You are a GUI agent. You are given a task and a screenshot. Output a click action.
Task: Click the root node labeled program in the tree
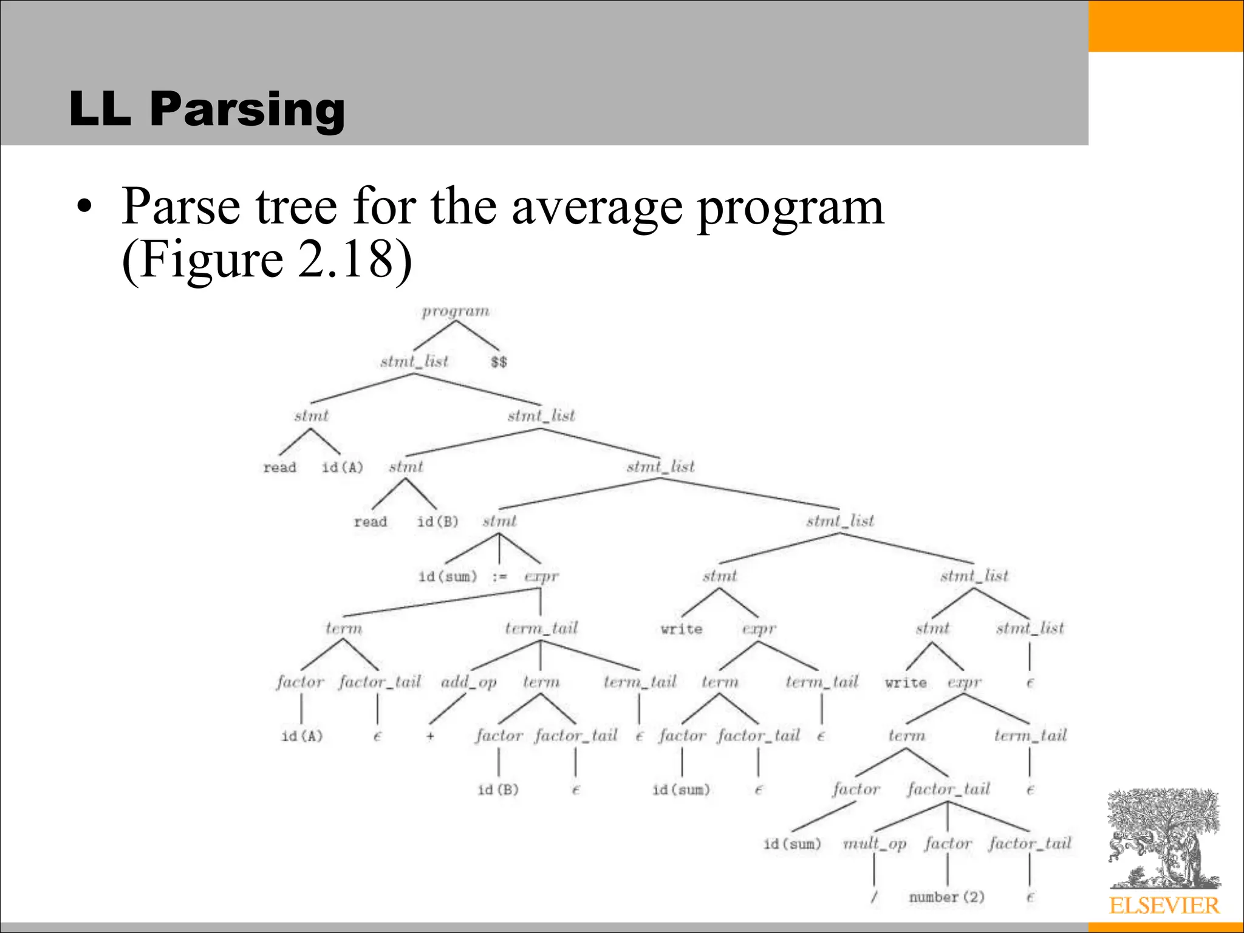(x=456, y=311)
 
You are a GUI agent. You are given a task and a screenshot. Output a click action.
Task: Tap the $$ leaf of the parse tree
(x=499, y=362)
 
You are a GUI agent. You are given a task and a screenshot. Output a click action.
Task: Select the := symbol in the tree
(x=499, y=576)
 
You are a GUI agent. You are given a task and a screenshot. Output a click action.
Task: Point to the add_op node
(x=469, y=682)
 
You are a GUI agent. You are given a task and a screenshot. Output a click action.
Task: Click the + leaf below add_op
(x=430, y=736)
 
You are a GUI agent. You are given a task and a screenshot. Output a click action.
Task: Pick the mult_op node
(x=875, y=844)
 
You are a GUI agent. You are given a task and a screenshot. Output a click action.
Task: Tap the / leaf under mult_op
(x=873, y=897)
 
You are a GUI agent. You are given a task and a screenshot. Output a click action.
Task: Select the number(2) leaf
(x=946, y=897)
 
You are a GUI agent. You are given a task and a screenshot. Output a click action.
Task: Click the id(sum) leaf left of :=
(x=448, y=576)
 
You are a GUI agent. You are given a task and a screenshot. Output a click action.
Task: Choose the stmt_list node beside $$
(x=414, y=362)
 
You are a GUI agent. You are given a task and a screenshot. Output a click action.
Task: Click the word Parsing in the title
(x=247, y=109)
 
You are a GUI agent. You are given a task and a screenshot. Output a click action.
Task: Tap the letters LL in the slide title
(x=100, y=109)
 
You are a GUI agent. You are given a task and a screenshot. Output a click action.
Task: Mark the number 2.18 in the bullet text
(x=346, y=260)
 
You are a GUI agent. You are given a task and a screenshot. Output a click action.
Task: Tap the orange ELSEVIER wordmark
(x=1164, y=906)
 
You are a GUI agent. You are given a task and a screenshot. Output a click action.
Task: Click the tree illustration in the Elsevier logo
(x=1163, y=838)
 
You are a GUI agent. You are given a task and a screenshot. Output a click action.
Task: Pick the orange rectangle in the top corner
(x=1166, y=26)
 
